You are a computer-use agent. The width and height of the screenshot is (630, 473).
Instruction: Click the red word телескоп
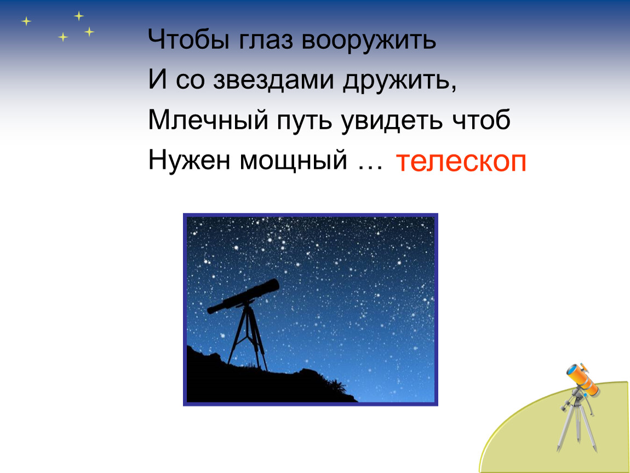pos(461,162)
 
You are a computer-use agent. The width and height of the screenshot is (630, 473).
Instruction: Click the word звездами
pos(273,80)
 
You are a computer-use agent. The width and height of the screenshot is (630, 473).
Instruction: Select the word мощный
pos(293,160)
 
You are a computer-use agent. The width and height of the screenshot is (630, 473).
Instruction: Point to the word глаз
pos(266,41)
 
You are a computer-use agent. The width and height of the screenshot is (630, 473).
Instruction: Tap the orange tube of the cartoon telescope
pos(582,378)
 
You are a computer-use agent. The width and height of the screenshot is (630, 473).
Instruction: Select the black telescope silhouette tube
pos(243,296)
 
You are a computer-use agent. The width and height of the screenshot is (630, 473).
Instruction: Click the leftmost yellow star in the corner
pos(26,21)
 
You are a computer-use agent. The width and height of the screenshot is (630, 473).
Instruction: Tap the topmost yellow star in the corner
pos(79,16)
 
